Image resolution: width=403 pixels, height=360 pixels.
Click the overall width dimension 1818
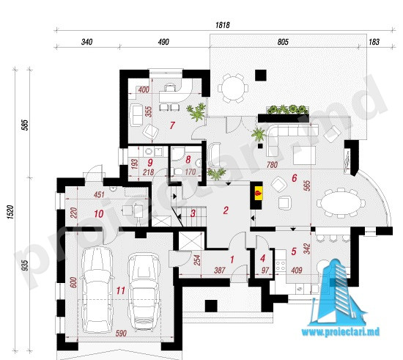pyautogui.click(x=223, y=25)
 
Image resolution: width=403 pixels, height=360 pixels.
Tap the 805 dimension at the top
pyautogui.click(x=283, y=42)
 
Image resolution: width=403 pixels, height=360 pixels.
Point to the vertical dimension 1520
pyautogui.click(x=10, y=212)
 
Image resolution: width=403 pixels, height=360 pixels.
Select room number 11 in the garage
pyautogui.click(x=121, y=290)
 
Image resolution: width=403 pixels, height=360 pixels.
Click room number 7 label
pyautogui.click(x=172, y=125)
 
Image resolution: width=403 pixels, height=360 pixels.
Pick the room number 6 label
pyautogui.click(x=295, y=178)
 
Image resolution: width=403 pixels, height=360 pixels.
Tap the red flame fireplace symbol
pyautogui.click(x=259, y=192)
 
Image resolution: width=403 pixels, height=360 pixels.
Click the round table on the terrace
pyautogui.click(x=233, y=88)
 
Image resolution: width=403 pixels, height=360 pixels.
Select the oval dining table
pyautogui.click(x=341, y=203)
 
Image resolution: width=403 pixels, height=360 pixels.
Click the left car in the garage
pyautogui.click(x=97, y=290)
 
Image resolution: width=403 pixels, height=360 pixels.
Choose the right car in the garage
pyautogui.click(x=144, y=292)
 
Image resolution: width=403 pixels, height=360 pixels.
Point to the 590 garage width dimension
pyautogui.click(x=121, y=334)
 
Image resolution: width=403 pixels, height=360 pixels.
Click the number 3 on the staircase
pyautogui.click(x=193, y=213)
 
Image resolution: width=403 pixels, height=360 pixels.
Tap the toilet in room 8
pyautogui.click(x=177, y=172)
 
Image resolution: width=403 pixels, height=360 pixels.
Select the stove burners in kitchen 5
pyautogui.click(x=281, y=265)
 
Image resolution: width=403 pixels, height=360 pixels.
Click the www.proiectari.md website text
pyautogui.click(x=340, y=332)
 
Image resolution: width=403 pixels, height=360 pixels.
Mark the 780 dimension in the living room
pyautogui.click(x=272, y=164)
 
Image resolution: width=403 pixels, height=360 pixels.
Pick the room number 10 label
pyautogui.click(x=99, y=213)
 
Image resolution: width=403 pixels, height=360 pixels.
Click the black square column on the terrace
pyautogui.click(x=261, y=76)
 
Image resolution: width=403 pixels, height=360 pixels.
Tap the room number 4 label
pyautogui.click(x=262, y=258)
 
